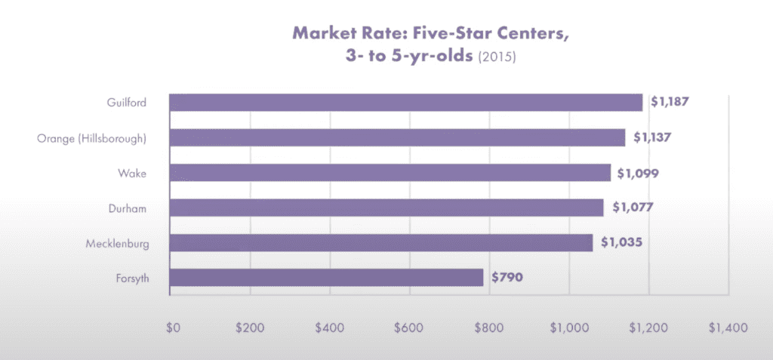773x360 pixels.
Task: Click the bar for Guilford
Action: pos(405,103)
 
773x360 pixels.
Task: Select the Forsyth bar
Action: pos(326,277)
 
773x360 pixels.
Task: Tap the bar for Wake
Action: pos(390,173)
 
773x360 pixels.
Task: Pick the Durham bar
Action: pos(386,208)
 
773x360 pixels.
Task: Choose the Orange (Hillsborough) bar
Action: pos(397,137)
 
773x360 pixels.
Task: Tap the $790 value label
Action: pos(507,277)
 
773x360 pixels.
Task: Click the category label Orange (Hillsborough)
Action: pos(91,138)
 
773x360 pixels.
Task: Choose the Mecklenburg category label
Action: pos(116,243)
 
